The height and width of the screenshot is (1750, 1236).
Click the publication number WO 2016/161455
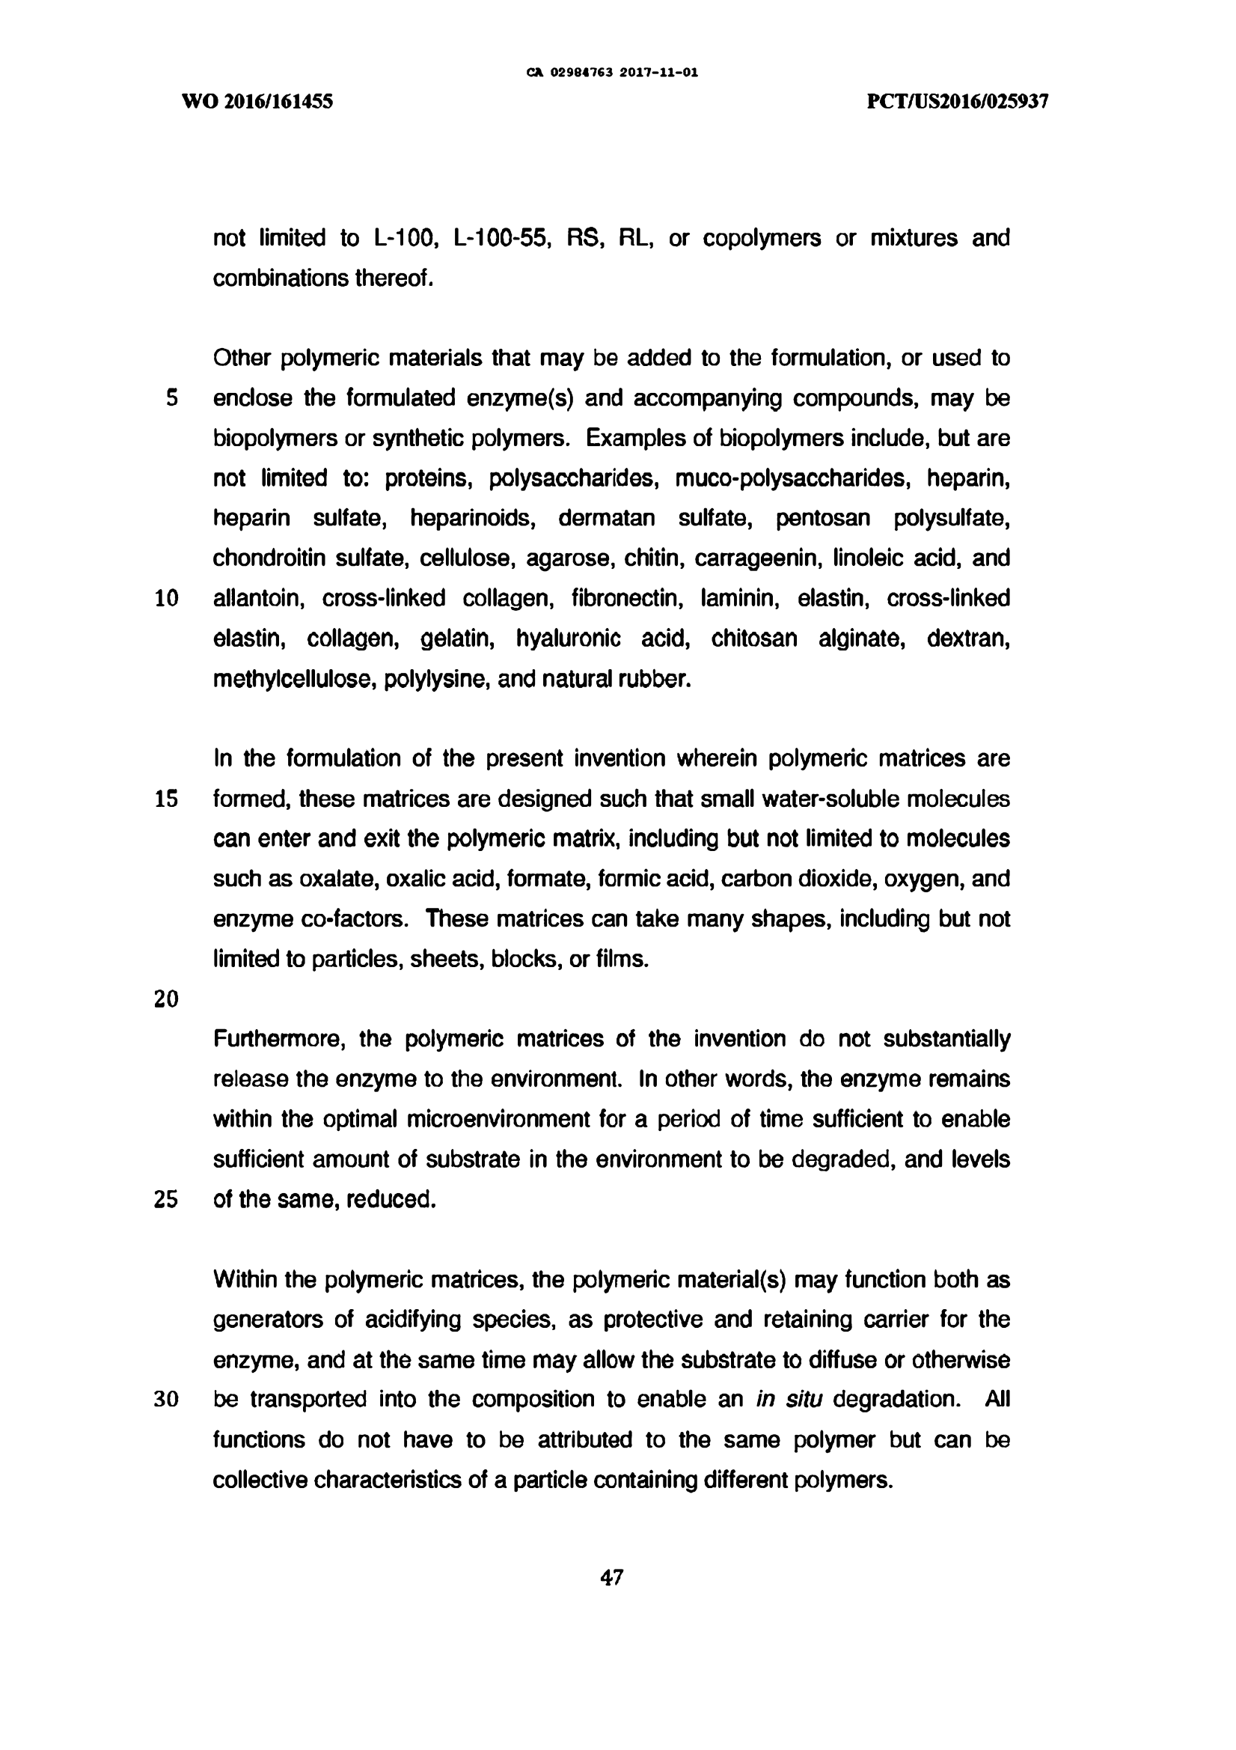point(257,101)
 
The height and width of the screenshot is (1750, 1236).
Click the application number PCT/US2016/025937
point(958,101)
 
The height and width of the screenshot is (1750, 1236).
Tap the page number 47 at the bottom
point(612,1577)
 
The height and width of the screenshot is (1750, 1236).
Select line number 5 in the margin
point(171,398)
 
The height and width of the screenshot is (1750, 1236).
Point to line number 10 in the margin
point(166,598)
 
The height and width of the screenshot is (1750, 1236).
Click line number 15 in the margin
point(166,799)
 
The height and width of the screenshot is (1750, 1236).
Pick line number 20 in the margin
point(166,999)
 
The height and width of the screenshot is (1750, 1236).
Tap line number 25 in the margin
point(166,1200)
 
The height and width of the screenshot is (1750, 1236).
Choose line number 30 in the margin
point(166,1400)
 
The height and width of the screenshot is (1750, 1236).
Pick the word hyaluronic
point(568,638)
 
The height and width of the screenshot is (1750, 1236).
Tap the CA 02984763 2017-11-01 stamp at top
point(612,73)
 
